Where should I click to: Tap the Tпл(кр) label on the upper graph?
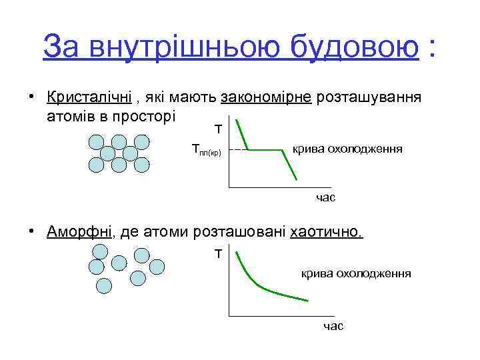tap(205, 151)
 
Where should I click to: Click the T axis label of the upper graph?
tap(217, 128)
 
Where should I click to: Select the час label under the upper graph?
tap(325, 197)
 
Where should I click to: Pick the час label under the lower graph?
tap(333, 326)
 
